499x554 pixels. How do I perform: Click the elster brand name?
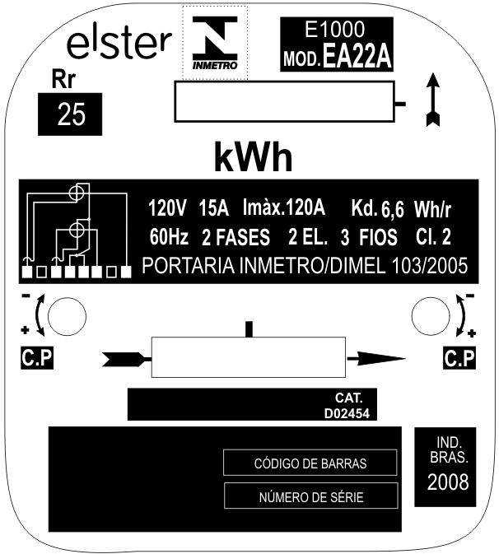click(x=119, y=44)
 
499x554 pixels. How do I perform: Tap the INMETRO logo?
click(x=215, y=43)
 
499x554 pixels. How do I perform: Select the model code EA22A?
click(x=357, y=57)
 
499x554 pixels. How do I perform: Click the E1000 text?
click(x=334, y=29)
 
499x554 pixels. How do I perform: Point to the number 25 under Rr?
click(x=72, y=114)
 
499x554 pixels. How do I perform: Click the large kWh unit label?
click(x=254, y=157)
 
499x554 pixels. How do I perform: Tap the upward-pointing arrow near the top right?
click(x=433, y=100)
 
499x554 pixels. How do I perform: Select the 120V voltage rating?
click(x=167, y=207)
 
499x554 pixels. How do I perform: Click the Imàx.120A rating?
click(x=284, y=207)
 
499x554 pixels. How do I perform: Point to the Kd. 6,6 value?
click(x=377, y=209)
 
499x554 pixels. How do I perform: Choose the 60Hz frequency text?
click(x=169, y=237)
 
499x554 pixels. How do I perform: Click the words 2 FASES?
click(x=236, y=237)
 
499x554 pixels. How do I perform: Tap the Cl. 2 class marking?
click(x=433, y=237)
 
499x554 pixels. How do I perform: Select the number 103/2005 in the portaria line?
click(x=430, y=266)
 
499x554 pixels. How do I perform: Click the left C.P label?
click(x=37, y=358)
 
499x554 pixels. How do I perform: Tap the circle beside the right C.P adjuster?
click(x=431, y=316)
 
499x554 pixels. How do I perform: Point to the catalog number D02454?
click(x=347, y=414)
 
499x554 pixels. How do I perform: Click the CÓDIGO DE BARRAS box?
click(x=310, y=463)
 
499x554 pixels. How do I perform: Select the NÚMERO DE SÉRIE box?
click(x=311, y=496)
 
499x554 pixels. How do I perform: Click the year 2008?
click(x=448, y=482)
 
